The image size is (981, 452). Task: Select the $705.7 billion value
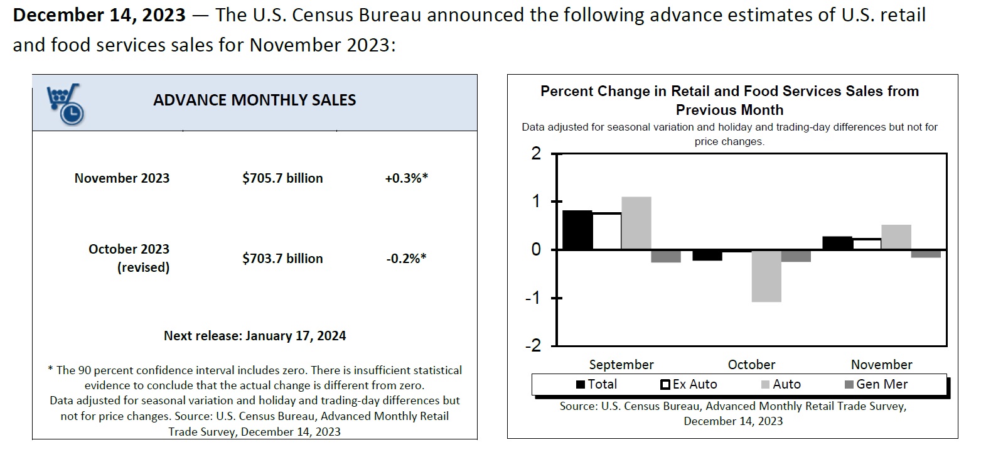(x=282, y=178)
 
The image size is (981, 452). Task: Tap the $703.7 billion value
(x=282, y=258)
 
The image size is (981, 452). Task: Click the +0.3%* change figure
(x=406, y=178)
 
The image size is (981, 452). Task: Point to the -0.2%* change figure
(x=405, y=258)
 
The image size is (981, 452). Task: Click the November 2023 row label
(x=122, y=178)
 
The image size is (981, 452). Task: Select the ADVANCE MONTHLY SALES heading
(x=254, y=100)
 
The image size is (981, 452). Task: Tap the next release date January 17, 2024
(x=295, y=336)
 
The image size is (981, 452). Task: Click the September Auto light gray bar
(x=636, y=223)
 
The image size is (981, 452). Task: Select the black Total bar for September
(x=577, y=230)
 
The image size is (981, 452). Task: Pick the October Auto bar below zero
(x=766, y=276)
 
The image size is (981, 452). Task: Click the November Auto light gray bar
(x=896, y=237)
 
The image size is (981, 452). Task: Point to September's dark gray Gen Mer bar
(x=665, y=256)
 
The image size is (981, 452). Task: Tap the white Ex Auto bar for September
(x=606, y=231)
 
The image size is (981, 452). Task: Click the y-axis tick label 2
(x=535, y=154)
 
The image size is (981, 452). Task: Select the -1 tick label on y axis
(x=533, y=298)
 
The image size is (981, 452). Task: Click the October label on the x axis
(x=751, y=365)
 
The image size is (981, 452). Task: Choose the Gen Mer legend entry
(x=877, y=384)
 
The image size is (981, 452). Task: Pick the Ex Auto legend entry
(x=689, y=384)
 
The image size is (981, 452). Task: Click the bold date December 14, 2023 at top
(x=99, y=15)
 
